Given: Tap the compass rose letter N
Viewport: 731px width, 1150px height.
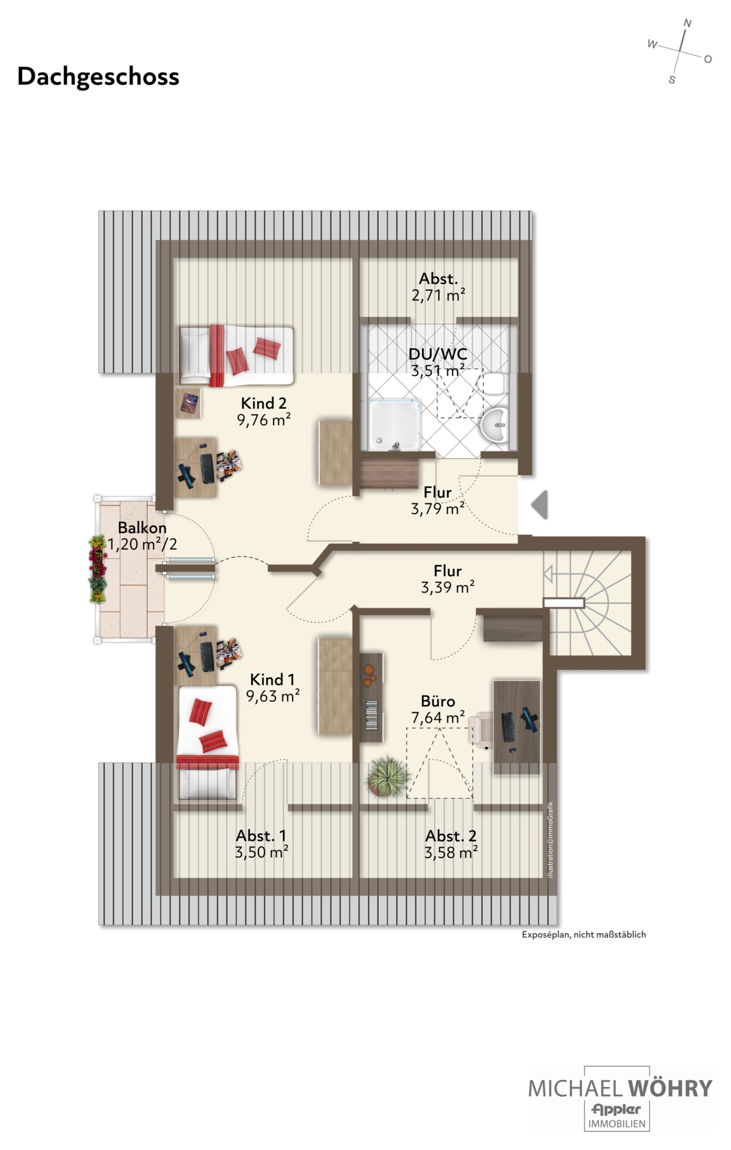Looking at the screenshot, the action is pyautogui.click(x=687, y=23).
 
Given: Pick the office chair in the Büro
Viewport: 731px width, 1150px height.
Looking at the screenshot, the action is pyautogui.click(x=481, y=729).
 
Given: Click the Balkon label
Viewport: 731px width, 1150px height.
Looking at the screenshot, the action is pyautogui.click(x=142, y=528).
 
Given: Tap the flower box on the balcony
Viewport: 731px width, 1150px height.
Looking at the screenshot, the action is pyautogui.click(x=98, y=569).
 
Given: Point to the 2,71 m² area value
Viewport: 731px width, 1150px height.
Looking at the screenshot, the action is pyautogui.click(x=438, y=295).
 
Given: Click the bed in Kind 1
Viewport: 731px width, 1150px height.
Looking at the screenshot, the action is pyautogui.click(x=207, y=743).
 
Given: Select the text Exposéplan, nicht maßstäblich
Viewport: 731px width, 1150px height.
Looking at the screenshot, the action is pyautogui.click(x=583, y=935).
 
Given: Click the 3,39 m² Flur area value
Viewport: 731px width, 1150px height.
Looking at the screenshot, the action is pyautogui.click(x=448, y=587).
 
